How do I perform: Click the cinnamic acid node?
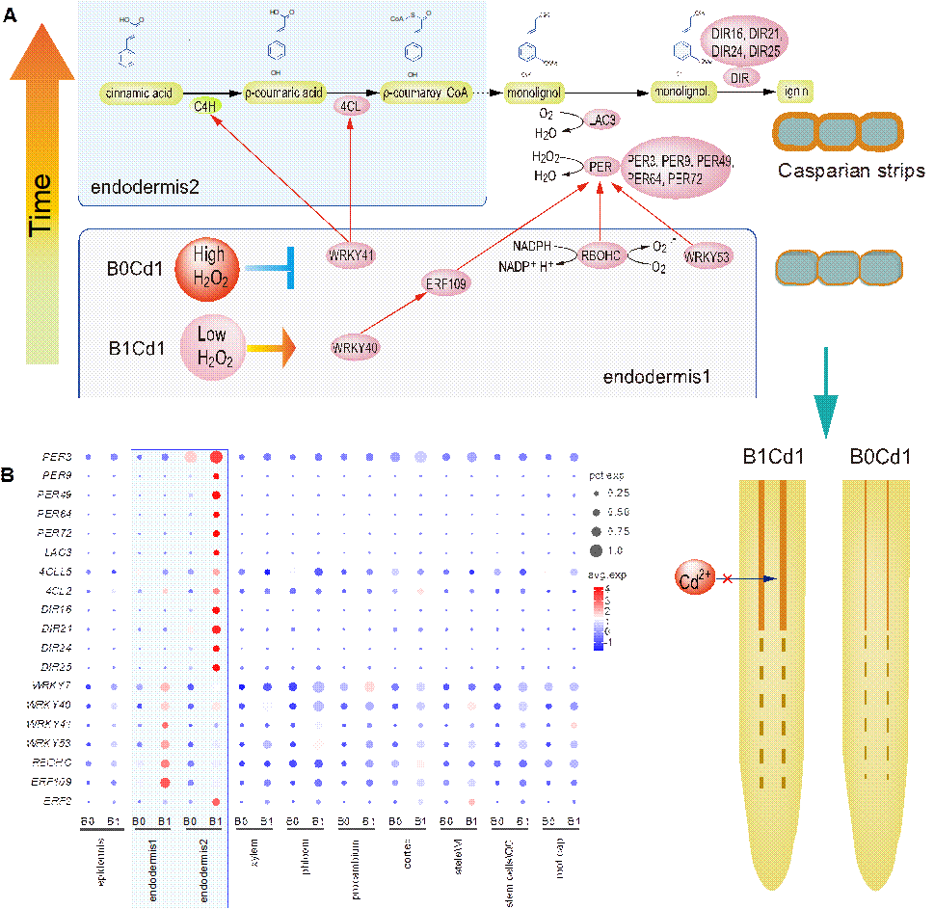[x=137, y=94]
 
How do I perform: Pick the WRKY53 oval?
[x=706, y=256]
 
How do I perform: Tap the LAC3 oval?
[x=604, y=119]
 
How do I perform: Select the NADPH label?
[x=532, y=245]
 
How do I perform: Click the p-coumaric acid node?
[x=283, y=94]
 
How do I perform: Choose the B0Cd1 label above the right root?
[x=880, y=457]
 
